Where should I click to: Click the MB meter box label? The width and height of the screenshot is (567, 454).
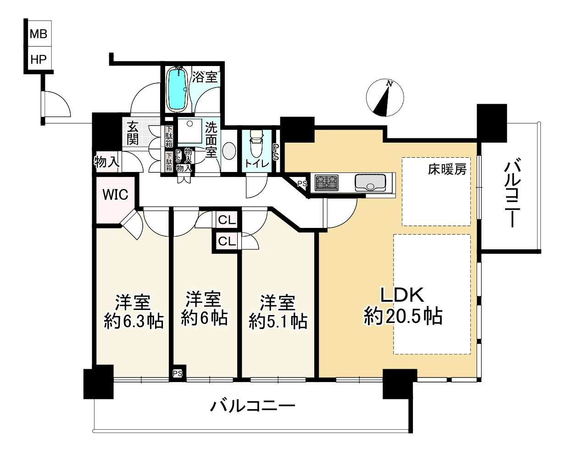tap(39, 34)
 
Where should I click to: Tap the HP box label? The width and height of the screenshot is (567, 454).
tap(39, 60)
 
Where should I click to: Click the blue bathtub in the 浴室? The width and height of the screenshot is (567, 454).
tap(178, 89)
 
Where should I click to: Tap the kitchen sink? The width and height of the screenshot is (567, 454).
tap(370, 183)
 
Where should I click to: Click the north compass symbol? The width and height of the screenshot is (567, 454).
tap(385, 98)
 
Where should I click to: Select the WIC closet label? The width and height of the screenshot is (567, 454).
tap(115, 195)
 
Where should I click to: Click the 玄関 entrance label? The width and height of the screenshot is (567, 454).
tap(133, 133)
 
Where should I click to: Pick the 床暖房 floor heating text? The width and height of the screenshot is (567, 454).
tap(447, 169)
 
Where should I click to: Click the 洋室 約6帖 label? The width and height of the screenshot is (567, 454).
tap(204, 309)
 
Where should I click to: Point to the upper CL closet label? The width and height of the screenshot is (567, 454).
tap(227, 220)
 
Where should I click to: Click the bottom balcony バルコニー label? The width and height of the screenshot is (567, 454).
tap(252, 406)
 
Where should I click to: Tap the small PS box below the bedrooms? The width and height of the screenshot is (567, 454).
tap(178, 374)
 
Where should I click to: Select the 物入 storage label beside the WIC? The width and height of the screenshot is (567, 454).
tap(107, 161)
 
